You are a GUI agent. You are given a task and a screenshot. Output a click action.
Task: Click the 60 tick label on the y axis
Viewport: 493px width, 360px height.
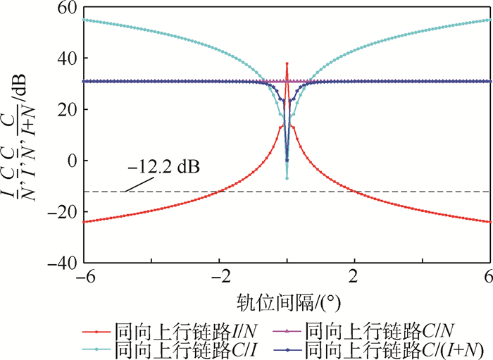pyautogui.click(x=68, y=8)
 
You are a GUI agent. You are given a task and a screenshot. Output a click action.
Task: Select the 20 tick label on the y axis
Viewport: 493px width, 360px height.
pyautogui.click(x=68, y=109)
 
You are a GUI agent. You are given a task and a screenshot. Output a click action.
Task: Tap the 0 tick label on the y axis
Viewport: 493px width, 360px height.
pyautogui.click(x=72, y=161)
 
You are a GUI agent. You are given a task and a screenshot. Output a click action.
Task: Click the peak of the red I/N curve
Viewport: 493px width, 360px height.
pyautogui.click(x=287, y=63)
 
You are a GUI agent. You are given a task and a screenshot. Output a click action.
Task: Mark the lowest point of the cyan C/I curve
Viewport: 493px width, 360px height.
pyautogui.click(x=287, y=178)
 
